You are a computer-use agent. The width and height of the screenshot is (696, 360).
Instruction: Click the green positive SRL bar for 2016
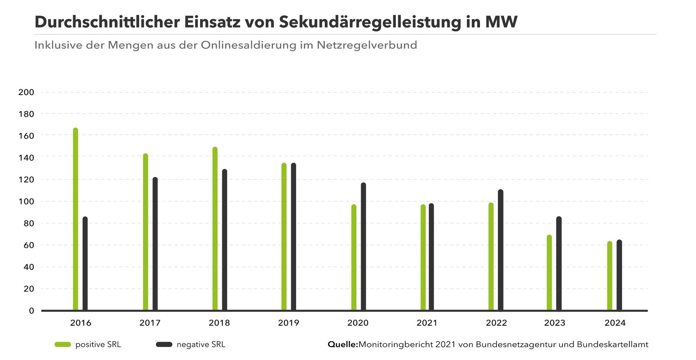tap(75, 219)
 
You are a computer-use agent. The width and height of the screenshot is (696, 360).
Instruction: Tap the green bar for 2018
tap(215, 229)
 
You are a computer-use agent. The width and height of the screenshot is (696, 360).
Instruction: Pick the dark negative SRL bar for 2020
tap(363, 247)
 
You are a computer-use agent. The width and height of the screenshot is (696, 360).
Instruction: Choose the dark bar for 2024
tap(619, 275)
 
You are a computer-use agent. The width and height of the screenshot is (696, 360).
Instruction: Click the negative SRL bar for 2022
tap(501, 250)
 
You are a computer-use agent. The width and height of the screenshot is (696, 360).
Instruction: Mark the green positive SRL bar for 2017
tap(145, 232)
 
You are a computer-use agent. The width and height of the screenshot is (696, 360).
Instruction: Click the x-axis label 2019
tap(289, 323)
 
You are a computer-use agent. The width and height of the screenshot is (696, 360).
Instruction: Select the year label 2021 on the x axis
tap(427, 323)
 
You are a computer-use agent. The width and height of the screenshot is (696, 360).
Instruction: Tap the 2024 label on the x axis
tap(615, 323)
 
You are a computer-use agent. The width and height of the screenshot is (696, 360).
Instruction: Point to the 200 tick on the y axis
tap(26, 92)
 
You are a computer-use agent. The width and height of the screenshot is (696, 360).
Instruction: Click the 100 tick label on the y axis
tap(26, 202)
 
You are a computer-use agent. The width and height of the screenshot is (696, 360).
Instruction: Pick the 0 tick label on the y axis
tap(32, 311)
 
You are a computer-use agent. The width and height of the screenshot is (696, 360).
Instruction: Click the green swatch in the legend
tap(63, 344)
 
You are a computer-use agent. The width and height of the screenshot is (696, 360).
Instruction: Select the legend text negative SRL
tap(201, 344)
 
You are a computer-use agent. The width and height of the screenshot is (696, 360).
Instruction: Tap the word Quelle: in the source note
tap(343, 344)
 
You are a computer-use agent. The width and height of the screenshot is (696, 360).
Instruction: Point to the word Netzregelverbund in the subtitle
tap(367, 45)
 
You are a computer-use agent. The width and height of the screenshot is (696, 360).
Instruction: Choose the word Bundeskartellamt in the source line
tap(612, 344)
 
